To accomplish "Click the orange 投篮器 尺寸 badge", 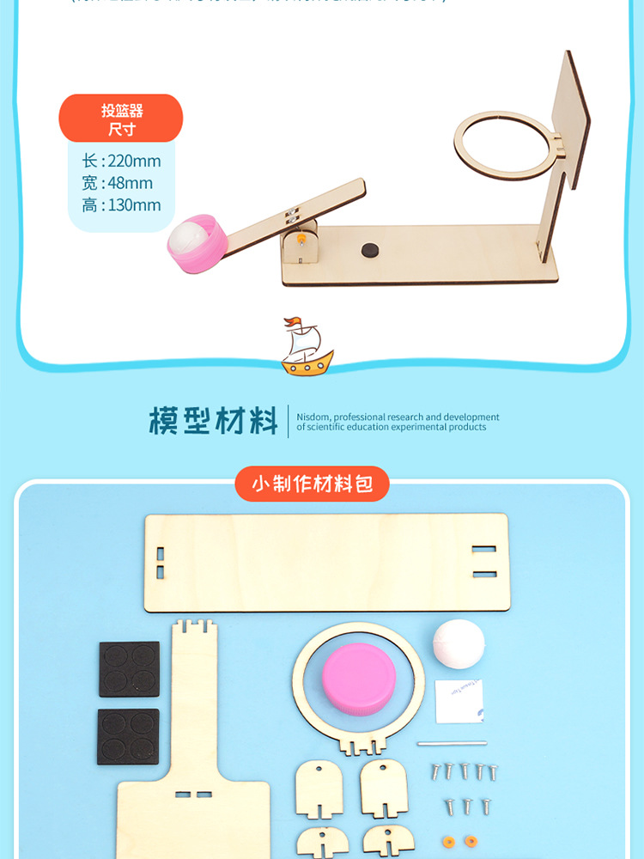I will point(120,119).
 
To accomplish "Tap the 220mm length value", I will point(134,161).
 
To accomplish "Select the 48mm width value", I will point(130,183).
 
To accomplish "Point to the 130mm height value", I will point(134,205).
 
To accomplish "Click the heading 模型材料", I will point(213,422).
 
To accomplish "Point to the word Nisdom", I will point(313,417).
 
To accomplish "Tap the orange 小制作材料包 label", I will point(312,484).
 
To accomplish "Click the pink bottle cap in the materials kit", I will point(359,676).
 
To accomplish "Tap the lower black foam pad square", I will point(129,736).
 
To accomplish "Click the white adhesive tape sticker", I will point(459,700).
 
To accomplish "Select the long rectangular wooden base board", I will point(325,562).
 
